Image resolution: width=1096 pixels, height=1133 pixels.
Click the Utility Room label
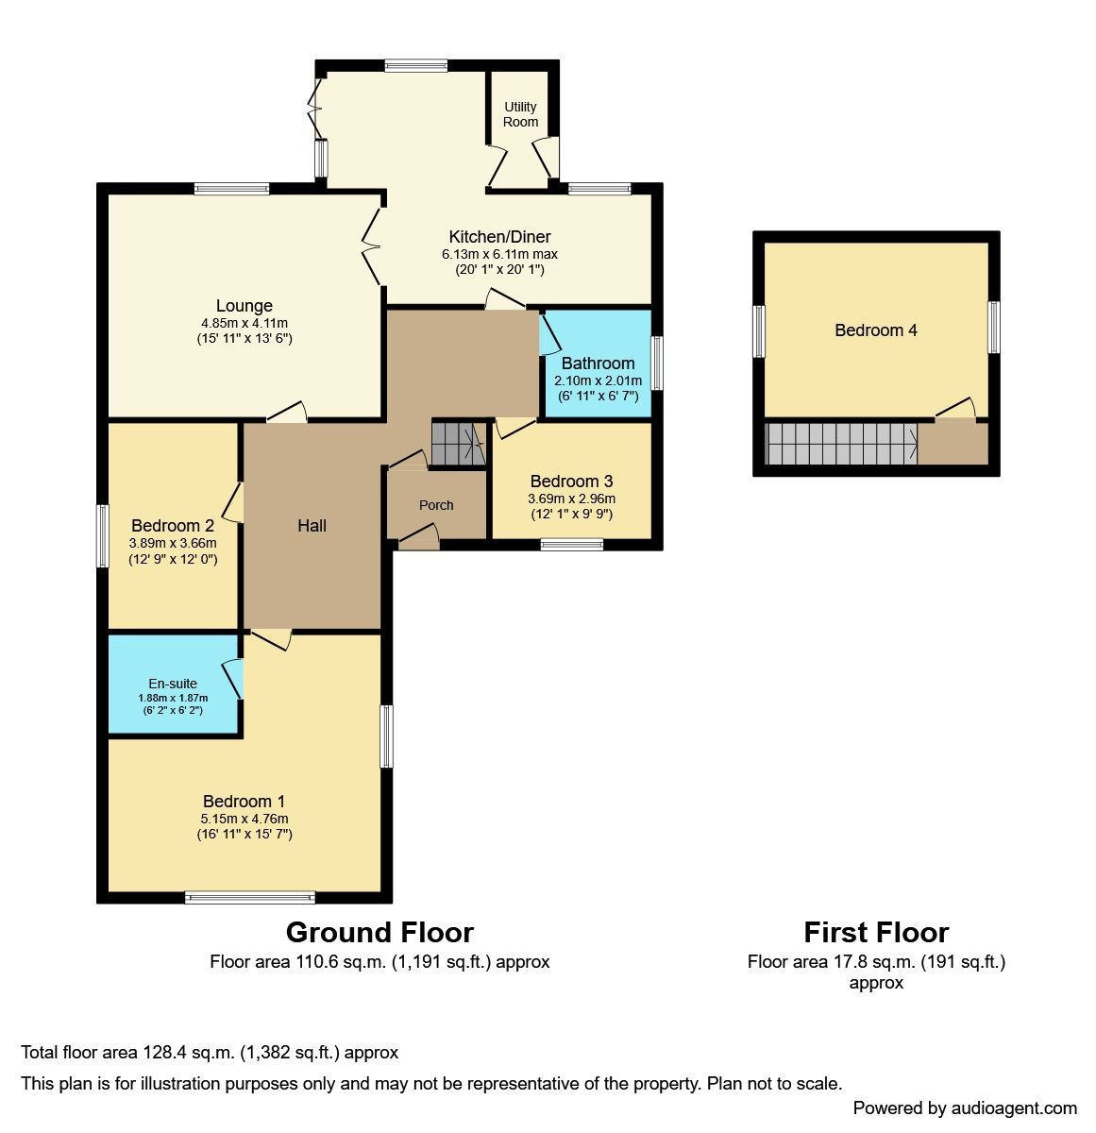pos(520,114)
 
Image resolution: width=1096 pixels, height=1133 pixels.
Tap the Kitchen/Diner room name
pos(499,236)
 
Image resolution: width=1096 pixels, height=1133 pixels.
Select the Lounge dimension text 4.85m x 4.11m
pos(244,323)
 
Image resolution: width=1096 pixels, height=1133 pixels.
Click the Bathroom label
pos(598,364)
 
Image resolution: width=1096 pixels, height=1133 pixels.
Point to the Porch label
pos(436,505)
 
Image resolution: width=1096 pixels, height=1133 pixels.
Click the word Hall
pos(312,526)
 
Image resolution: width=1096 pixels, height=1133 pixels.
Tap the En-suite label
pos(173,684)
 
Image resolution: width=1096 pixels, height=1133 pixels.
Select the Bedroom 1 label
pos(244,802)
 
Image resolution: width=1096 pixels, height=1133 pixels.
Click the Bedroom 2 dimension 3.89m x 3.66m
pos(173,543)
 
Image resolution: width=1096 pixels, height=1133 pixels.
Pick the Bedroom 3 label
pos(571,482)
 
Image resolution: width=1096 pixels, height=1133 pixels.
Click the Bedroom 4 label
pos(876,330)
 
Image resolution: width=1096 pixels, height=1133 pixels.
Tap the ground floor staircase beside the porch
pos(459,444)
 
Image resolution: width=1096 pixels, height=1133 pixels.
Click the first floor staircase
pos(841,444)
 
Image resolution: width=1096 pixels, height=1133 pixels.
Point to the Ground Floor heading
pos(379,932)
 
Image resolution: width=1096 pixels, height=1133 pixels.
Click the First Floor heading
pos(877,932)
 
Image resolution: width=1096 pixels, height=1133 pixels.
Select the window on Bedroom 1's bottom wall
pos(250,897)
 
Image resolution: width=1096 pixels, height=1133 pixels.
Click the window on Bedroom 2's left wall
pos(103,535)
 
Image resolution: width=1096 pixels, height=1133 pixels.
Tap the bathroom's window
pos(657,363)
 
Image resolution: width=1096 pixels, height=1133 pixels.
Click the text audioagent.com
pos(1014,1108)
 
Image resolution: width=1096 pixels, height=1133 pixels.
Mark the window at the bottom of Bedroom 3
pos(571,545)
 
